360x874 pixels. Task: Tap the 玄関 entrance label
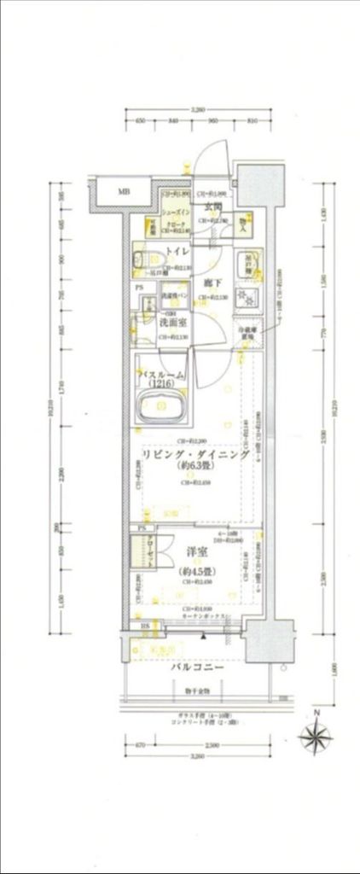tap(212, 207)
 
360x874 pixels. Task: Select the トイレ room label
tap(177, 251)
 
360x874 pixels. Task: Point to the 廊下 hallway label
tap(212, 283)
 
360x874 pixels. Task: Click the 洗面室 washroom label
tap(173, 324)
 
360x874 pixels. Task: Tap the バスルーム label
tap(174, 374)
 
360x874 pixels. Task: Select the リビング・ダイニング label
tap(195, 457)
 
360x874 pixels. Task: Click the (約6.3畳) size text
tap(195, 469)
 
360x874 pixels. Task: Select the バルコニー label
tap(196, 667)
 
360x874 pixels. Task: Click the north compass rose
tap(316, 736)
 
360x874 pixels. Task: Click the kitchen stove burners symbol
tap(249, 298)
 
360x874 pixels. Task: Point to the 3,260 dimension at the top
tap(198, 110)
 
